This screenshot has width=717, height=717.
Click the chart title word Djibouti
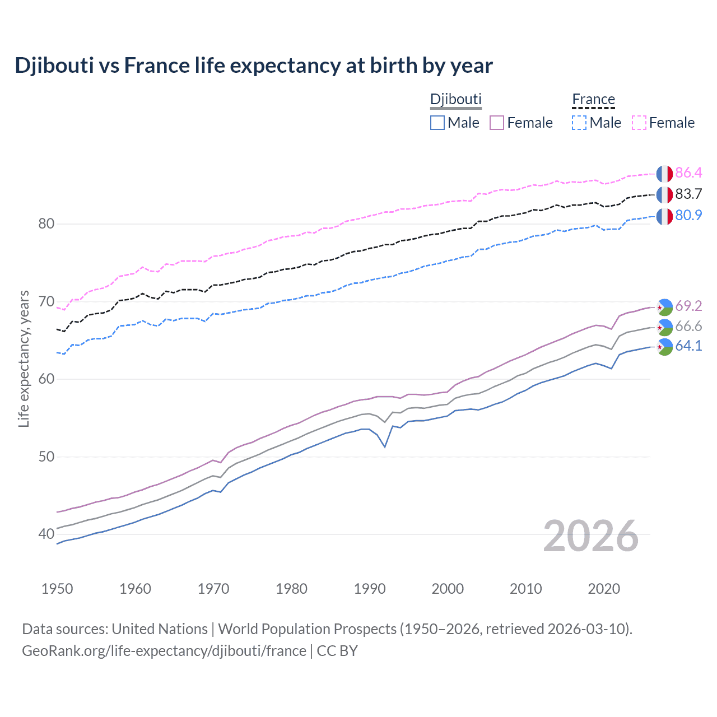click(54, 66)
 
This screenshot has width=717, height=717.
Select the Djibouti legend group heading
click(455, 99)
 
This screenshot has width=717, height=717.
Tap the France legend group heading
click(593, 100)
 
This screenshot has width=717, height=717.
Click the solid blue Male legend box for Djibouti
click(437, 123)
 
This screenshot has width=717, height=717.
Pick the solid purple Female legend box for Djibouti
click(497, 123)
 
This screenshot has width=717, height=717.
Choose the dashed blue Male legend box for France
click(579, 123)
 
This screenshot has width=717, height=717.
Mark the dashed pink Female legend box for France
click(639, 123)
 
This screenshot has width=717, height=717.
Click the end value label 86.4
click(688, 173)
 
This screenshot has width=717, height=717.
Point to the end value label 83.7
click(688, 194)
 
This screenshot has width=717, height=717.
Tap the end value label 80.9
click(688, 215)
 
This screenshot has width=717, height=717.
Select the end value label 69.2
click(688, 306)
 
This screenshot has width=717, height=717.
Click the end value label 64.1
click(688, 346)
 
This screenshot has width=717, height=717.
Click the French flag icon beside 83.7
click(664, 195)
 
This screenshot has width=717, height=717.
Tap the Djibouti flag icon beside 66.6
click(664, 327)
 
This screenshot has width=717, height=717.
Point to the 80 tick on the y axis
click(46, 224)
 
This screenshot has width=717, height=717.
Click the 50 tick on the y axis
click(46, 457)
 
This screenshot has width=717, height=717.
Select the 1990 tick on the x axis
click(370, 589)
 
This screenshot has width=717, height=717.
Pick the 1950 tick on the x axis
click(57, 589)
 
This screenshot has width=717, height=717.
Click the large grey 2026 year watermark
click(590, 536)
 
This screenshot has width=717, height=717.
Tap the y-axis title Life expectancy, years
click(24, 358)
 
